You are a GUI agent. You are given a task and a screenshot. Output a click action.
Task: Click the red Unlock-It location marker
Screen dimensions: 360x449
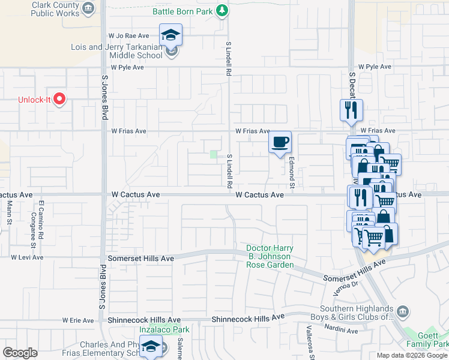coord(59,99)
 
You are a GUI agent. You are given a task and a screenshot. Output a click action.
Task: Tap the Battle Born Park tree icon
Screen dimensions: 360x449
coord(222,10)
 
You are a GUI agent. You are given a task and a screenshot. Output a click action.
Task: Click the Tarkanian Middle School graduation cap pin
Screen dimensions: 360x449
coord(170,34)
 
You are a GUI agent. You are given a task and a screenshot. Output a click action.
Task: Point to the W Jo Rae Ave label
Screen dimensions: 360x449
coord(128,36)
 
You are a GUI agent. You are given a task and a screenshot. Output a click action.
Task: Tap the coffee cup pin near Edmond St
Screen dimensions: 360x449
coord(280,143)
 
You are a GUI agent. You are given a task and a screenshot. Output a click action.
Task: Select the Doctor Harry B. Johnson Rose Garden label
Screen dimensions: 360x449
coord(270,257)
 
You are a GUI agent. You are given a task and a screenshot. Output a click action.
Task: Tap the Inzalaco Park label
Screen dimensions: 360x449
coord(164,329)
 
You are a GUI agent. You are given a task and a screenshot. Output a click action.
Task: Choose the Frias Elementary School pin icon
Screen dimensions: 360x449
coord(150,346)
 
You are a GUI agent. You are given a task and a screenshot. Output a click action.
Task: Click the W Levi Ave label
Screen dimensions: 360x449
coord(27,257)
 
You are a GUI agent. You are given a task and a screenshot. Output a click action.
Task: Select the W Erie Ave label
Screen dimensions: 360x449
coord(78,320)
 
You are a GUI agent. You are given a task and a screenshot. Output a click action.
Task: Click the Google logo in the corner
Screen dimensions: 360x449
coord(20,353)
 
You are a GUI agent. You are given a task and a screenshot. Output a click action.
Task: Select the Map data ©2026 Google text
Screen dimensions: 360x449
coord(412,355)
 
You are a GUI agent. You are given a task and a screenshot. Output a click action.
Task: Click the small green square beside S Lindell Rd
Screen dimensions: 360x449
coord(213,155)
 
